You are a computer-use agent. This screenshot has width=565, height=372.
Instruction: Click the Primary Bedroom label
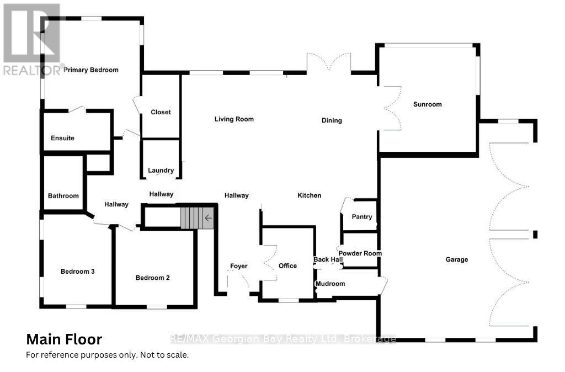click(x=91, y=70)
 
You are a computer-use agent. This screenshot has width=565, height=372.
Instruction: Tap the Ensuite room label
click(x=62, y=138)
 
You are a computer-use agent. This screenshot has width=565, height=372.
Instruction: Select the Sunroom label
click(x=428, y=104)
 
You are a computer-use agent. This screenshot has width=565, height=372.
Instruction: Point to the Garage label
click(x=456, y=259)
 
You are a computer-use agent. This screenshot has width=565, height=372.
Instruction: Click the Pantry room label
click(x=362, y=217)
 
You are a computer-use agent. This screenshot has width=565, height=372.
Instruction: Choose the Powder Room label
click(x=360, y=253)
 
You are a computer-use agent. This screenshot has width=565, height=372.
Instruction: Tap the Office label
click(x=287, y=266)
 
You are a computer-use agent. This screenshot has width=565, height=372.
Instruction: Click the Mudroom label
click(x=331, y=284)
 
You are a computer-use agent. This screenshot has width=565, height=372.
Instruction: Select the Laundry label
click(x=161, y=171)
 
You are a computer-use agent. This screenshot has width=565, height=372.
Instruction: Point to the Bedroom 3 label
click(x=77, y=272)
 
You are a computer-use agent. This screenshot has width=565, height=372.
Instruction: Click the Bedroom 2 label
click(x=152, y=278)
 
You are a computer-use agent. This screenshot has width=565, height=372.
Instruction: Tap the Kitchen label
click(x=309, y=195)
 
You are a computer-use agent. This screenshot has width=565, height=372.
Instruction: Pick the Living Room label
click(x=234, y=119)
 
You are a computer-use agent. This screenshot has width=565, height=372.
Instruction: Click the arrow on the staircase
click(x=208, y=218)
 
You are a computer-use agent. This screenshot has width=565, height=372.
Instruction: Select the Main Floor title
click(x=64, y=339)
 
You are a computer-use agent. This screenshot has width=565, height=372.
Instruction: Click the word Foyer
click(x=238, y=267)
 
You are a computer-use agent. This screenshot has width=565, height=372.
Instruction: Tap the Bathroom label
click(x=63, y=196)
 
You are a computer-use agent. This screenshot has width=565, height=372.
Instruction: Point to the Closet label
click(x=161, y=113)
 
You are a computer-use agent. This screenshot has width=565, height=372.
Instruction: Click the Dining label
click(x=332, y=121)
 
